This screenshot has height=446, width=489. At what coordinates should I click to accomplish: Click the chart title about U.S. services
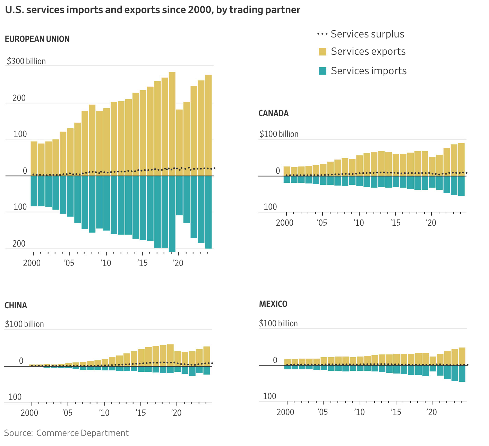(x=153, y=10)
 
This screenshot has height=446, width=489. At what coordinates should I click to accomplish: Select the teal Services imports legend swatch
(x=323, y=71)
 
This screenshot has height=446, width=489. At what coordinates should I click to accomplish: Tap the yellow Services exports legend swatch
(x=323, y=52)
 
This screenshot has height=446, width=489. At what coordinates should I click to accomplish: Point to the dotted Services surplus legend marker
(x=322, y=34)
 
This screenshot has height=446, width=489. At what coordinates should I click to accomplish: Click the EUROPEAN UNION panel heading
(x=37, y=39)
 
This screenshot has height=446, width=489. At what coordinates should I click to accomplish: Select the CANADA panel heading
(x=273, y=113)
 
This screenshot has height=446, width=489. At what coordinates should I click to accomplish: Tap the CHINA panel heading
(x=16, y=306)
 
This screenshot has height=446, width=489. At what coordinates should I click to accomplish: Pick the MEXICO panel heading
(x=273, y=304)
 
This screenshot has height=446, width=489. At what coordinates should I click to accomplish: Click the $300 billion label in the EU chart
(x=26, y=61)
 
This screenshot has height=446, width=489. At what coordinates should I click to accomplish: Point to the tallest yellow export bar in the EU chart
(x=172, y=121)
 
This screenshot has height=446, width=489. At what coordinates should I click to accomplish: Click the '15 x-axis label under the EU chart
(x=142, y=263)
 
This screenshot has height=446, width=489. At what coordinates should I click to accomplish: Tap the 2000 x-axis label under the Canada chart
(x=285, y=223)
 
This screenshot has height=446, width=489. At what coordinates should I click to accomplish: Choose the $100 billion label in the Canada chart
(x=279, y=134)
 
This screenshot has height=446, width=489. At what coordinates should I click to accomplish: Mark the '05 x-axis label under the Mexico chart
(x=323, y=412)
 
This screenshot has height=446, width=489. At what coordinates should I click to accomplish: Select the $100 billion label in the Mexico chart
(x=278, y=324)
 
